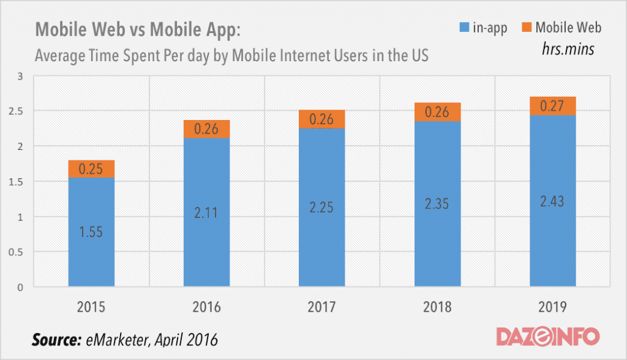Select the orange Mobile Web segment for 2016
click(206, 129)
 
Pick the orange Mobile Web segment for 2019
click(552, 105)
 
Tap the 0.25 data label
click(91, 169)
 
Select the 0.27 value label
click(552, 106)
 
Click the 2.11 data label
click(206, 213)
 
